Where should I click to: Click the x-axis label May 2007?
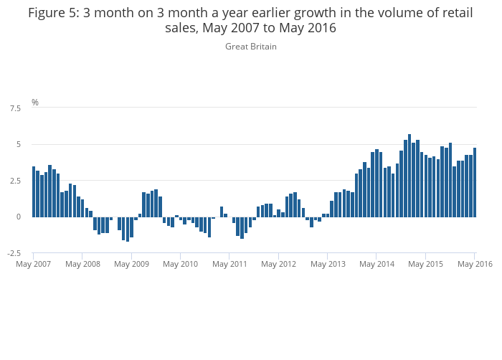[x=34, y=264]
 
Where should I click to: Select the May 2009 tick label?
[x=131, y=264]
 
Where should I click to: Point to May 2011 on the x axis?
[x=229, y=264]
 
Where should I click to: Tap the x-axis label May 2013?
[x=328, y=264]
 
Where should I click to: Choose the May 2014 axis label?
[x=376, y=264]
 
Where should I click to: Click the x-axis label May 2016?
[x=475, y=264]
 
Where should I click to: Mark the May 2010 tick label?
[x=180, y=264]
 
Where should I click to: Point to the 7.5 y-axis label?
[x=15, y=108]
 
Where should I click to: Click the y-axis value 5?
[x=18, y=145]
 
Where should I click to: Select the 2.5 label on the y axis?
[x=15, y=181]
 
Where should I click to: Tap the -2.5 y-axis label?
[x=14, y=253]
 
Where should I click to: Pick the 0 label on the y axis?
[x=18, y=217]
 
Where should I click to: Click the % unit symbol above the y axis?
[x=35, y=103]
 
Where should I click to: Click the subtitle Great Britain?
[x=251, y=47]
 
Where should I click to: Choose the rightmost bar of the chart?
[x=475, y=182]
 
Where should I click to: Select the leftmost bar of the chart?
[x=34, y=191]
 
